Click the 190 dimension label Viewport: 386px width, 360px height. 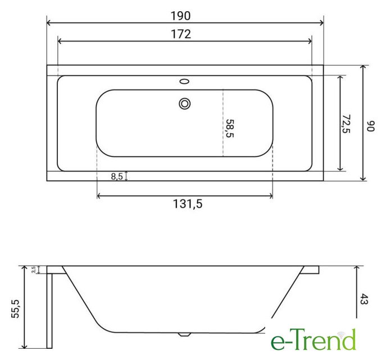click(x=180, y=16)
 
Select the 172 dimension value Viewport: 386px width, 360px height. click(x=181, y=34)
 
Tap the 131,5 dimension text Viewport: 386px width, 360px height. click(x=188, y=204)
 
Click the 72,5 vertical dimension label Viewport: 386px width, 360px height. click(x=346, y=124)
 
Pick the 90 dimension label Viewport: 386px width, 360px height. click(x=371, y=126)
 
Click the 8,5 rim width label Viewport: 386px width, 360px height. click(x=117, y=177)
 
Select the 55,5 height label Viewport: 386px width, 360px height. click(x=16, y=309)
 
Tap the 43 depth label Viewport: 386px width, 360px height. click(x=364, y=299)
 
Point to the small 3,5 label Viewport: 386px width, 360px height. click(x=34, y=269)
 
